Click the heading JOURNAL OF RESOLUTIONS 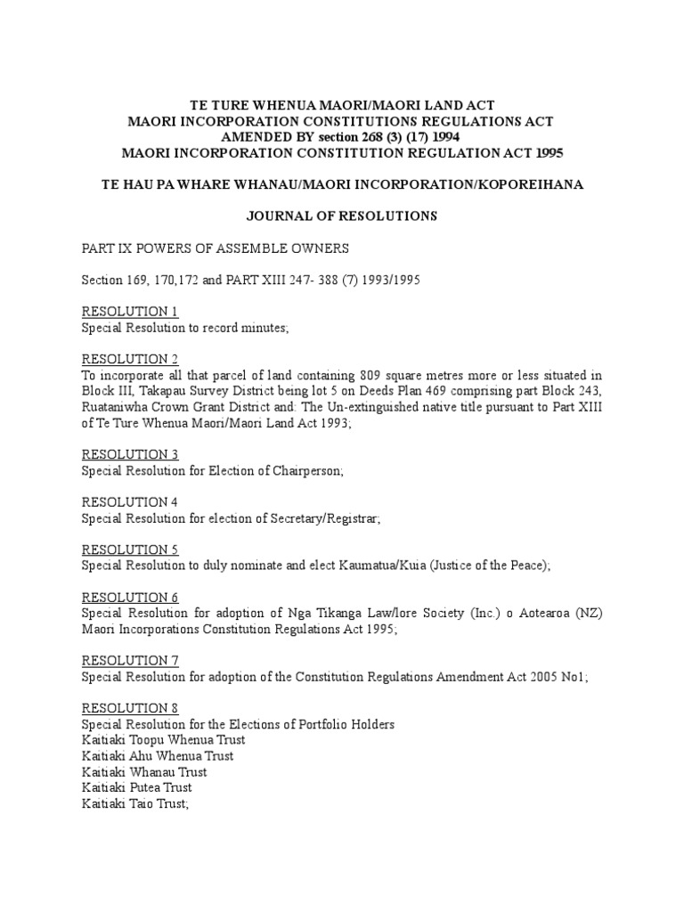coord(341,215)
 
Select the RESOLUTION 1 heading coord(130,312)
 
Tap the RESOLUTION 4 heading coord(130,502)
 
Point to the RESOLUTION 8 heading coord(130,708)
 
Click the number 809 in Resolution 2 coord(376,375)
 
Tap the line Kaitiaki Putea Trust coord(136,787)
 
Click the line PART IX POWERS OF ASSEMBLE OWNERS coord(217,248)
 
